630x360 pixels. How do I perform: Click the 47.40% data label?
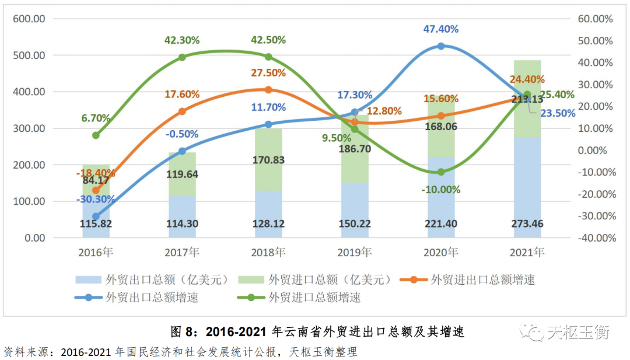(441, 29)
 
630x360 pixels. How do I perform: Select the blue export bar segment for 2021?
(527, 187)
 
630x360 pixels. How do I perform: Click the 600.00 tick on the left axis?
(30, 19)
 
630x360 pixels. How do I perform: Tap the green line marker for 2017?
(182, 57)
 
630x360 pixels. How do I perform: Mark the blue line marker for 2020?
(441, 46)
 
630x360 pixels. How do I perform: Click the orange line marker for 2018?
(268, 89)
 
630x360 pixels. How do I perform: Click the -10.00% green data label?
(441, 190)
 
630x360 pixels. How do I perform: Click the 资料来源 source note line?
(181, 352)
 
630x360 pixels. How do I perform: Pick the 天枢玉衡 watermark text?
(577, 333)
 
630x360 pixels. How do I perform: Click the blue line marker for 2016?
(96, 216)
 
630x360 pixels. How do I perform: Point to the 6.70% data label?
(96, 117)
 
